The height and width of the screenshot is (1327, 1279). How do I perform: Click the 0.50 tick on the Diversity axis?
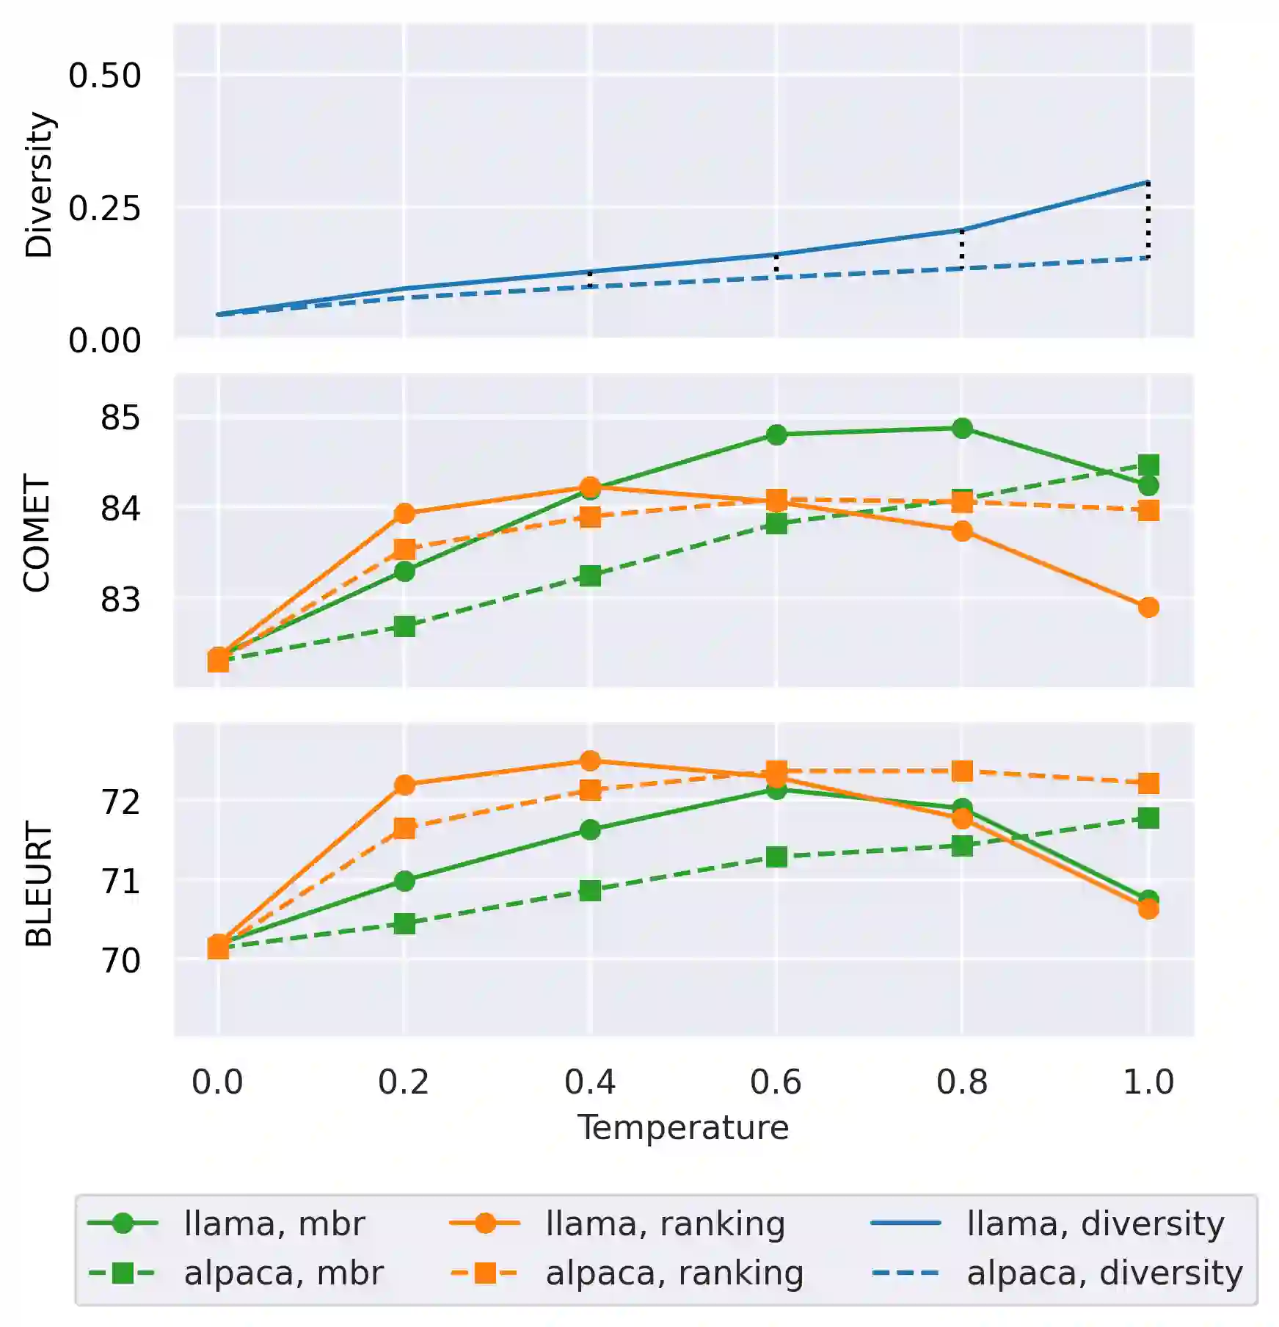104,76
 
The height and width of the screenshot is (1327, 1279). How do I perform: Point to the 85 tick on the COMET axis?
120,418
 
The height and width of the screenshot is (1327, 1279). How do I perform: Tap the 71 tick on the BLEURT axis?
120,881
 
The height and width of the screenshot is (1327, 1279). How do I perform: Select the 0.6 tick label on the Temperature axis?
776,1082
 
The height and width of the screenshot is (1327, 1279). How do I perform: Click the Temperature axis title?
683,1127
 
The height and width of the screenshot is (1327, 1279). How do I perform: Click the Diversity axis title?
39,184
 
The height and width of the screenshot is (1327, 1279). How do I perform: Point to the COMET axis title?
37,532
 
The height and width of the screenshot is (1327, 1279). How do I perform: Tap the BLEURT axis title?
39,884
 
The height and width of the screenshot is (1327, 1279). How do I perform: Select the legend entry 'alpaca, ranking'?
674,1273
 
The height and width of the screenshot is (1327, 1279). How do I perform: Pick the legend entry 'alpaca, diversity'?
1104,1273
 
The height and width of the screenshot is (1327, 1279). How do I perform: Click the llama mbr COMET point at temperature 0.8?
962,428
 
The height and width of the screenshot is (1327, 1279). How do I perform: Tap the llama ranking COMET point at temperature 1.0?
1148,607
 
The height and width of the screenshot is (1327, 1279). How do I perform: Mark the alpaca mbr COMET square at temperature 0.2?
404,626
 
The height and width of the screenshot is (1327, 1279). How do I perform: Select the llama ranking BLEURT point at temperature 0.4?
590,760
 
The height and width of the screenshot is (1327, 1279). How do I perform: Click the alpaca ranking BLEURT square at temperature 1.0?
1148,783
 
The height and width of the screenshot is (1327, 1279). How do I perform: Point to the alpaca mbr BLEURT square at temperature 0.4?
590,890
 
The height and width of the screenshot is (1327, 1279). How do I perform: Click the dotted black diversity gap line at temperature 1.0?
1148,220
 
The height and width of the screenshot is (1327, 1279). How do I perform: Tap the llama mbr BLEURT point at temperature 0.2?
404,881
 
